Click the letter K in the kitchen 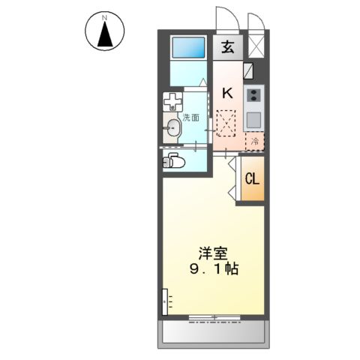coord(227,94)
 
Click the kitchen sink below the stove coord(253,118)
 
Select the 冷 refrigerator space coord(254,139)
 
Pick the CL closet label coord(252,180)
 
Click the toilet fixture coord(174,160)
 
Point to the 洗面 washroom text coord(190,118)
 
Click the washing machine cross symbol coord(173,101)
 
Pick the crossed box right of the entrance coord(256,46)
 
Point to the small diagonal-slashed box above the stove coord(249,72)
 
